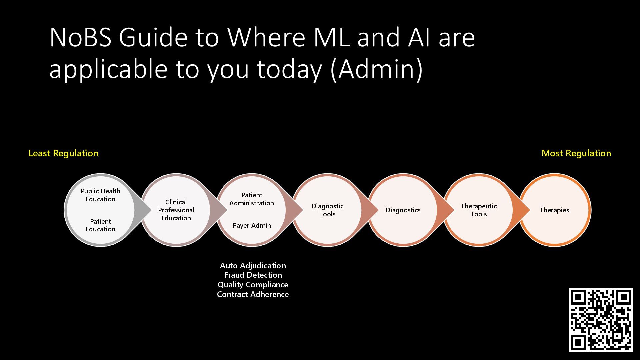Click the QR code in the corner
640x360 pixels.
click(x=601, y=320)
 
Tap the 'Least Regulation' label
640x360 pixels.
click(x=63, y=153)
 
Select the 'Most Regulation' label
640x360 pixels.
click(x=576, y=153)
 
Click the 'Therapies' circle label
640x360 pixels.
click(x=554, y=210)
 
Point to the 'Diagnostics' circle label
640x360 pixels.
click(x=403, y=210)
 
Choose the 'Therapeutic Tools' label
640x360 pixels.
click(x=479, y=210)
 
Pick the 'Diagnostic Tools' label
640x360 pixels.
click(x=327, y=210)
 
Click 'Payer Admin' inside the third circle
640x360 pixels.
click(x=252, y=226)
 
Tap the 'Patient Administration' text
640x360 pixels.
click(x=252, y=199)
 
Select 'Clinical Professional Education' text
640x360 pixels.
click(x=176, y=210)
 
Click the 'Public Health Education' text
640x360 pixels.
click(x=100, y=195)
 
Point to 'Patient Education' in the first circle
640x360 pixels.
click(x=100, y=225)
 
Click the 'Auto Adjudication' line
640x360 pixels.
click(x=253, y=266)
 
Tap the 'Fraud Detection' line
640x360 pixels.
click(x=253, y=275)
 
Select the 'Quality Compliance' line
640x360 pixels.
click(x=253, y=285)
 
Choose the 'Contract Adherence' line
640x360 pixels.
click(x=253, y=295)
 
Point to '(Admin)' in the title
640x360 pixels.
click(x=377, y=69)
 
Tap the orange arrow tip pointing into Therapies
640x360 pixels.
click(x=526, y=210)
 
